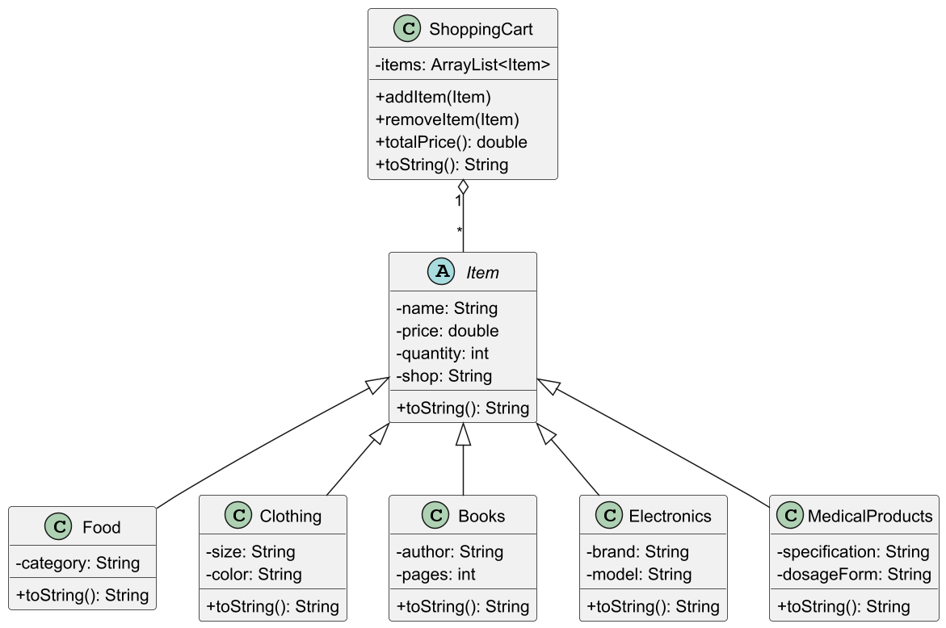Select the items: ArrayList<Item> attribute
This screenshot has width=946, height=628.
point(463,65)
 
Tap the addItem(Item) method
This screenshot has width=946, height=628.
point(433,97)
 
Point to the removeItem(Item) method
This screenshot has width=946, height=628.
point(447,119)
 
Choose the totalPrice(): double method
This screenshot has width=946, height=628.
point(451,142)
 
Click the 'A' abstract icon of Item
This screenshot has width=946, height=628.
point(442,272)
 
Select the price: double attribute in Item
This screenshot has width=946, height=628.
point(447,331)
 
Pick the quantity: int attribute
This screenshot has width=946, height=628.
point(442,354)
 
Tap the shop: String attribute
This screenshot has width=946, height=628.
point(444,376)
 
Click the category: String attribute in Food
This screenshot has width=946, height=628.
point(78,563)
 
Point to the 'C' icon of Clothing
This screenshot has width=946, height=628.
point(238,516)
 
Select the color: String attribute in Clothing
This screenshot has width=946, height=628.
point(254,574)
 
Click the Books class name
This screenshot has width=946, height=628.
point(481,516)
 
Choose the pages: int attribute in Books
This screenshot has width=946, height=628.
point(435,574)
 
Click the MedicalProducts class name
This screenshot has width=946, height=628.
point(870,516)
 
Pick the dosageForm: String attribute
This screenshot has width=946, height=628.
point(854,574)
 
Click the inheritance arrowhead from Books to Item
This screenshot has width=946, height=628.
point(463,434)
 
